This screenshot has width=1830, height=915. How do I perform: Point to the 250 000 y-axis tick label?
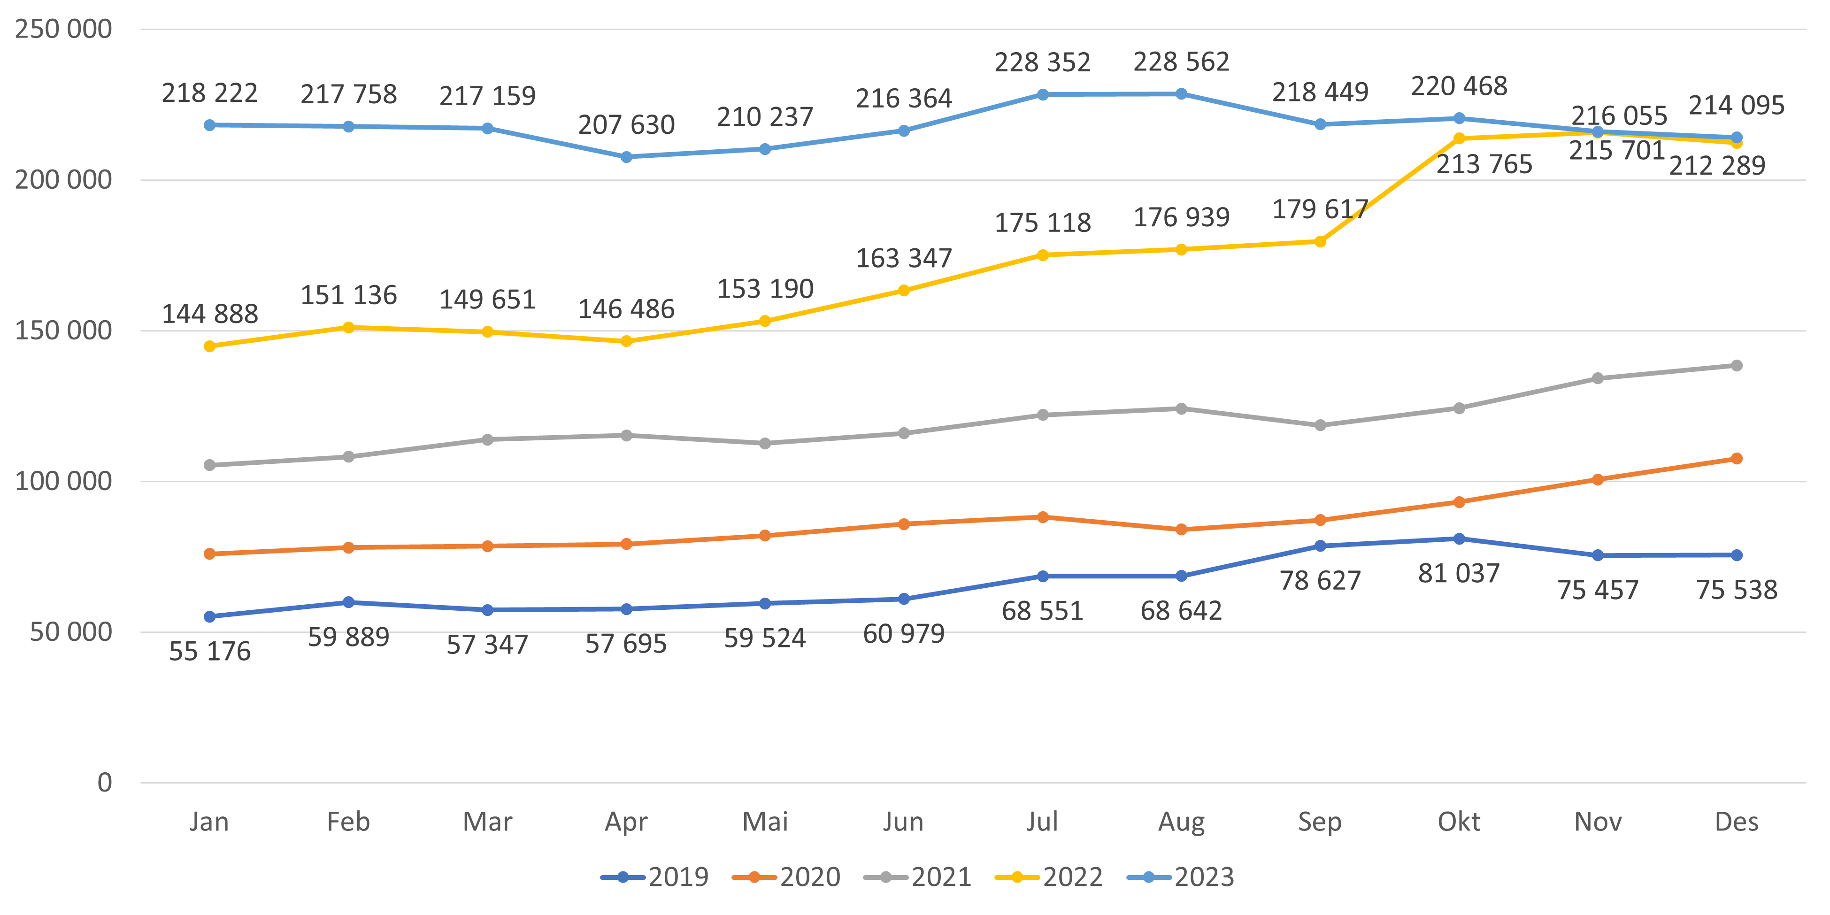coord(63,29)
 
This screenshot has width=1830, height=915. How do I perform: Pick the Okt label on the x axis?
coord(1459,822)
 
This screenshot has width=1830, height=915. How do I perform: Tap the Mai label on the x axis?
coord(765,822)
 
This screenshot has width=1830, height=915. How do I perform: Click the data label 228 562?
coord(1181,62)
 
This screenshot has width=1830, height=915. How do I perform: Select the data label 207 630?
coord(626,125)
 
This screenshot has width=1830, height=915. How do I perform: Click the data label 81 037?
coord(1459,573)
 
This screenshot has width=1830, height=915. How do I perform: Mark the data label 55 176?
coord(209,652)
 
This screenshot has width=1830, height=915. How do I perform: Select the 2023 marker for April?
coord(626,157)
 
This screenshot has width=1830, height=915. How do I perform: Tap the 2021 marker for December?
coord(1736,365)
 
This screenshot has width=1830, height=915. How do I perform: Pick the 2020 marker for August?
coord(1181,529)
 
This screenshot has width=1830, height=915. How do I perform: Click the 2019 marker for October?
coord(1459,538)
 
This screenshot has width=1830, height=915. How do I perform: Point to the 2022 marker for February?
coord(348,328)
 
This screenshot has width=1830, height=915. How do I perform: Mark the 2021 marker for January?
coord(209,465)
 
